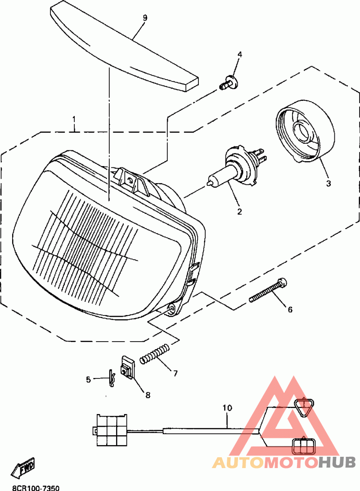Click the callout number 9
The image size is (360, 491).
(x=144, y=18)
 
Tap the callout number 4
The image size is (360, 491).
(x=240, y=54)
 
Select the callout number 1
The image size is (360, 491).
(x=74, y=120)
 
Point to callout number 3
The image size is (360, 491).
(x=328, y=183)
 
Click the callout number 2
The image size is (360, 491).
(x=239, y=211)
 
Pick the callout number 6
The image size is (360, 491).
(x=290, y=309)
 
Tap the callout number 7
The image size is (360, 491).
(x=175, y=373)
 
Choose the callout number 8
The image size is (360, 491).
(x=148, y=395)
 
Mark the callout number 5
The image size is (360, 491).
(x=89, y=379)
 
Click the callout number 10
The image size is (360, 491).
(x=227, y=408)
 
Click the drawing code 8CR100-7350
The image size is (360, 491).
(x=36, y=487)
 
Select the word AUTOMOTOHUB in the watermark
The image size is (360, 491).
(x=284, y=462)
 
